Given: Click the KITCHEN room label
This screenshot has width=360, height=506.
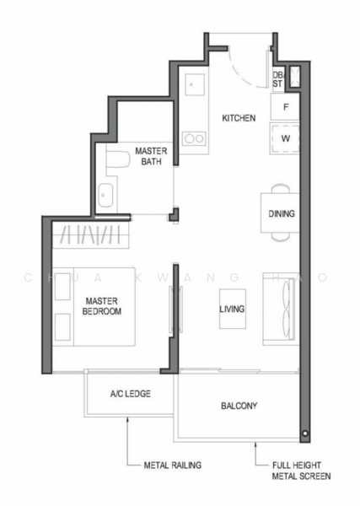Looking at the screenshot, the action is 239,118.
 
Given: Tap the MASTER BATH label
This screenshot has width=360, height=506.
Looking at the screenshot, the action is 151,156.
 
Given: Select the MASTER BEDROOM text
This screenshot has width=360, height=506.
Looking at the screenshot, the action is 102,306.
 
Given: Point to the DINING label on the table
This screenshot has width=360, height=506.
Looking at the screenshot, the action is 282,213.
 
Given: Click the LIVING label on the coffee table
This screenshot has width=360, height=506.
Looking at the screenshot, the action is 232,310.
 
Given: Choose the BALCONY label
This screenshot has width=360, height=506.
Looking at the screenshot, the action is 239,406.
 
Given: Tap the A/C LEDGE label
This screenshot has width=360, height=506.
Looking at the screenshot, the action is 131,394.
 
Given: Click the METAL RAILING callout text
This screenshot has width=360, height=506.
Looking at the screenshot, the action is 173,465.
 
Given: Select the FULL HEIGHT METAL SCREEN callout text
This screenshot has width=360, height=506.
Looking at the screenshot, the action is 301,471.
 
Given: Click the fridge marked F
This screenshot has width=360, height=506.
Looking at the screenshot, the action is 285,107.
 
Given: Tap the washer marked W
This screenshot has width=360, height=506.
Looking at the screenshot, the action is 285,138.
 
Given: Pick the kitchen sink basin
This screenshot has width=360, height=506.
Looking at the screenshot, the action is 195,84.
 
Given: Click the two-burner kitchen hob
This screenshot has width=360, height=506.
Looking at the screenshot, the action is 194,139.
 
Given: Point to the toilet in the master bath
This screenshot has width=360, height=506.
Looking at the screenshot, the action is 117,159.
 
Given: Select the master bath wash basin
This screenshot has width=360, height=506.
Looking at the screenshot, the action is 105,196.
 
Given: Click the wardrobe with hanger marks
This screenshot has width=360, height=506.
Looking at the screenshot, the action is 91,234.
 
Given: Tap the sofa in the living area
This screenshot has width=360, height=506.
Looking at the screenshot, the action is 279,309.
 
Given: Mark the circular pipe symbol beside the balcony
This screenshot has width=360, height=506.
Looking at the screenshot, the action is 305,433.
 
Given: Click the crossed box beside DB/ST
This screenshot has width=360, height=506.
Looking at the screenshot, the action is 294,77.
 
